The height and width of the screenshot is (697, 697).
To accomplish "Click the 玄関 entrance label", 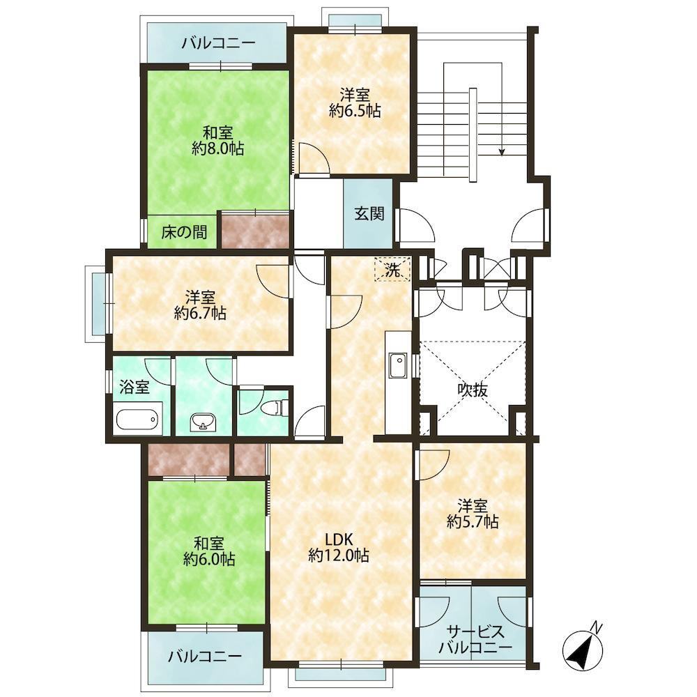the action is pyautogui.click(x=369, y=214).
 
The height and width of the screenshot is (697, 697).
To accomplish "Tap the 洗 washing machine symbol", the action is pyautogui.click(x=392, y=269).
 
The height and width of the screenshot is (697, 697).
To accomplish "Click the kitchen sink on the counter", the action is pyautogui.click(x=398, y=365).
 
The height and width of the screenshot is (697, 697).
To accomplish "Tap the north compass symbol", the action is pyautogui.click(x=583, y=648).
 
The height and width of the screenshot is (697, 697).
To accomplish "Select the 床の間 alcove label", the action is pyautogui.click(x=184, y=232).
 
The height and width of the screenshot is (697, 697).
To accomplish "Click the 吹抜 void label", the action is pyautogui.click(x=473, y=390).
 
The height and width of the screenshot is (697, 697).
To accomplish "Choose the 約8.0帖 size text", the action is pyautogui.click(x=217, y=148).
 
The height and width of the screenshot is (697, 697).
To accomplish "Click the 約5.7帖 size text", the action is pyautogui.click(x=473, y=521).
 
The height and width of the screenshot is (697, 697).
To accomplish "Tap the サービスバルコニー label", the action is pyautogui.click(x=475, y=639).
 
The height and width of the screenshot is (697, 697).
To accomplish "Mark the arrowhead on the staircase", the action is pyautogui.click(x=502, y=152).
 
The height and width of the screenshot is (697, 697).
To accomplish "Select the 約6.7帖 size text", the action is pyautogui.click(x=200, y=313).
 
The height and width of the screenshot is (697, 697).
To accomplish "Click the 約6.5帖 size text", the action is pyautogui.click(x=355, y=110).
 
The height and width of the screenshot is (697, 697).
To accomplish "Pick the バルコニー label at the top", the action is pyautogui.click(x=219, y=43).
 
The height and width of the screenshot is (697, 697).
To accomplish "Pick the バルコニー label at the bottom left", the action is pyautogui.click(x=205, y=656).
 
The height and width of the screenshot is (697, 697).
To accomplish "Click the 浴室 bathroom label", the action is pyautogui.click(x=135, y=387).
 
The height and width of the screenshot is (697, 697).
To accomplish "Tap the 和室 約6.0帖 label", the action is pyautogui.click(x=209, y=551).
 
